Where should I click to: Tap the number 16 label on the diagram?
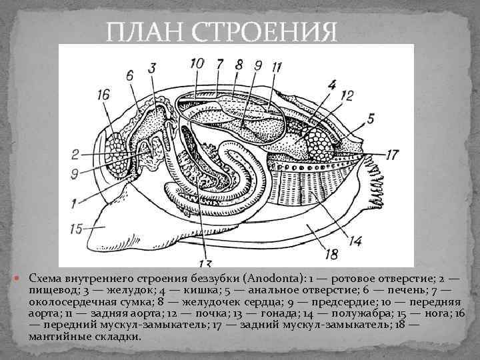coord(103,96)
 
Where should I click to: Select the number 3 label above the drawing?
coord(152,68)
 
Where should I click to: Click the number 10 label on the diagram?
coord(197,63)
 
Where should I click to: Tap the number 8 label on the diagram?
coord(238,65)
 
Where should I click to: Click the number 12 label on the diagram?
coord(347,96)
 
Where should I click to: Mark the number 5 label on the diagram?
coord(370,119)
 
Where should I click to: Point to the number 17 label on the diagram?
coord(391,154)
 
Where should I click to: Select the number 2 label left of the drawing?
coord(75,155)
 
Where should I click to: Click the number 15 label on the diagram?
coord(79,229)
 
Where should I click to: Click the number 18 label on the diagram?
coord(331,253)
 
